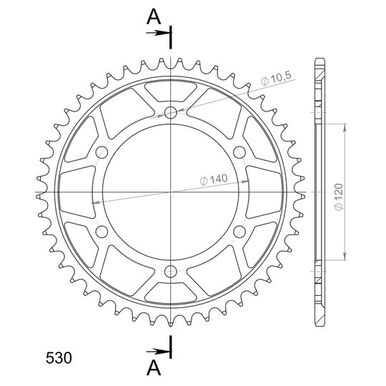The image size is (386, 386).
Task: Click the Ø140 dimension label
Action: (214, 179)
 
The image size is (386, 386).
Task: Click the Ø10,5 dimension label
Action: (276, 79)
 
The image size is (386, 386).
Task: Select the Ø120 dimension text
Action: (339, 197)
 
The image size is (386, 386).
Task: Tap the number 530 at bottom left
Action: (59, 357)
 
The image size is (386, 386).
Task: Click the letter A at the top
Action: (154, 17)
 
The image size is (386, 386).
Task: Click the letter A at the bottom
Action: (154, 368)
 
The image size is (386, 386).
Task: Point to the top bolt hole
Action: (171, 113)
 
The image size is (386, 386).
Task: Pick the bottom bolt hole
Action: (171, 272)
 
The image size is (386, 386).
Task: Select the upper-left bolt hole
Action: (102, 152)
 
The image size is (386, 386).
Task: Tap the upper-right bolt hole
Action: (239, 152)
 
